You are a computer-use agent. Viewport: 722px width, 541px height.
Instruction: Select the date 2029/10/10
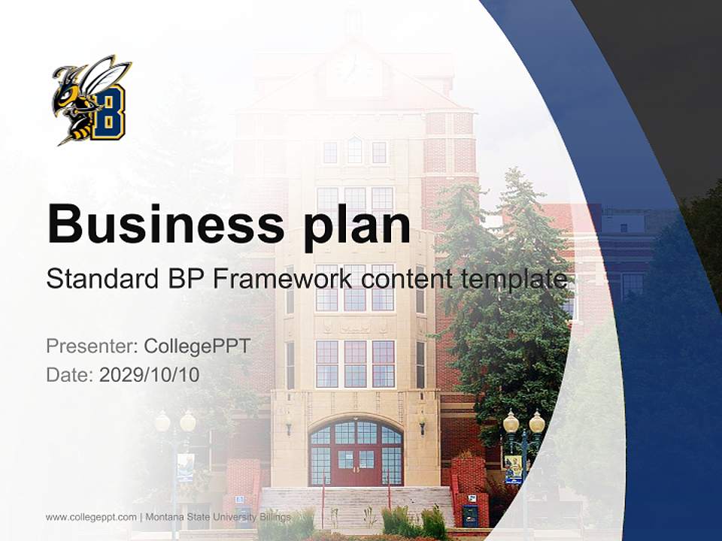coord(150,374)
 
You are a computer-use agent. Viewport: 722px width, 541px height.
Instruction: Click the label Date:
coord(70,374)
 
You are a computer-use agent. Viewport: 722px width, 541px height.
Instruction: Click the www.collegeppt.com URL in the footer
coord(91,517)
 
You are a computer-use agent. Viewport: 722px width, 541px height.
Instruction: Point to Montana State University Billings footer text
coord(218,517)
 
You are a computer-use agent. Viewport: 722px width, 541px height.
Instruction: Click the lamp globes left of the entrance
coord(175,422)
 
